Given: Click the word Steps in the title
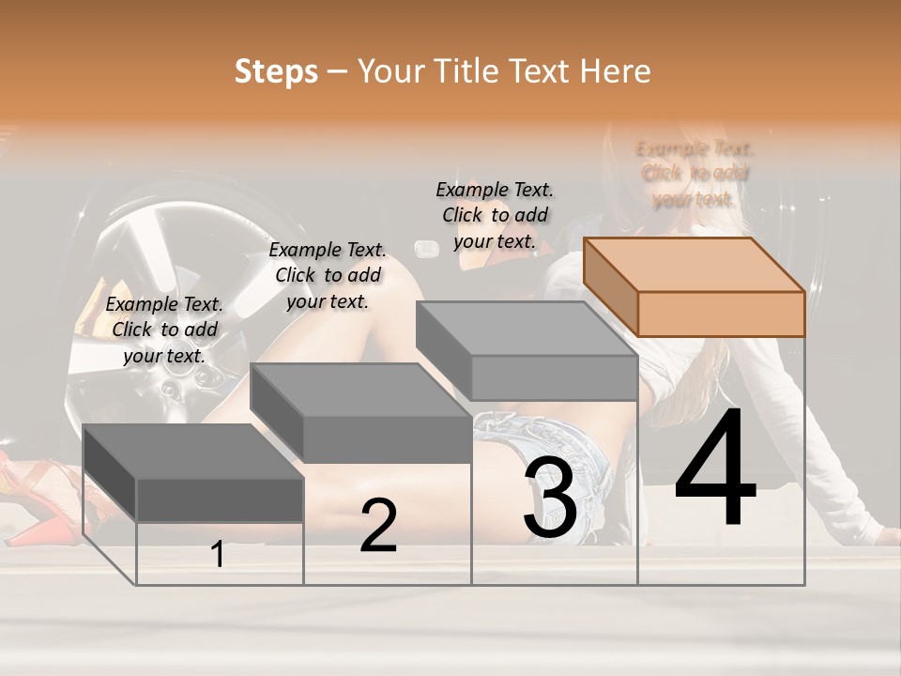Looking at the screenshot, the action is tap(276, 71).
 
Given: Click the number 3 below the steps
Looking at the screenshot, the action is tap(550, 498).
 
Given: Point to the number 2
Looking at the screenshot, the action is tap(378, 526).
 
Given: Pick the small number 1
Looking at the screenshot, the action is tap(218, 555).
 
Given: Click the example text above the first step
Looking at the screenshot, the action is tap(164, 330).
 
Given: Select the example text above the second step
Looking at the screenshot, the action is tap(328, 275).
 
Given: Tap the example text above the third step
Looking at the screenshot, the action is tap(495, 215).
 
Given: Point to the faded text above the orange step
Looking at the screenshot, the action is tap(695, 174).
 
